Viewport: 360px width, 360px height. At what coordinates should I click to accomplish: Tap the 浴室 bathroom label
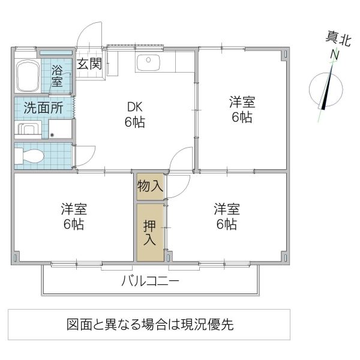57,75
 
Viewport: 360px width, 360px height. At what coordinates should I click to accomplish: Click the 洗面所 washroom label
43,109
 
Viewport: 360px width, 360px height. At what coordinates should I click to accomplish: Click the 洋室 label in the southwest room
74,217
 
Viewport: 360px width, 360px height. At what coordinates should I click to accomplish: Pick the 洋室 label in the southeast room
226,217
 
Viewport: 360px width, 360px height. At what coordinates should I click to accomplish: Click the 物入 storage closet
149,186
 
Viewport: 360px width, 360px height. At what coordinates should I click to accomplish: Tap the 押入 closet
149,233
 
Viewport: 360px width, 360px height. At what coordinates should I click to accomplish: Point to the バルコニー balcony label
150,281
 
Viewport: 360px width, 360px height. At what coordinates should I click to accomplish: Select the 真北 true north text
338,39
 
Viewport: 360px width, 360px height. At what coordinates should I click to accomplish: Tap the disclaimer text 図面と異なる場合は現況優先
149,325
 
